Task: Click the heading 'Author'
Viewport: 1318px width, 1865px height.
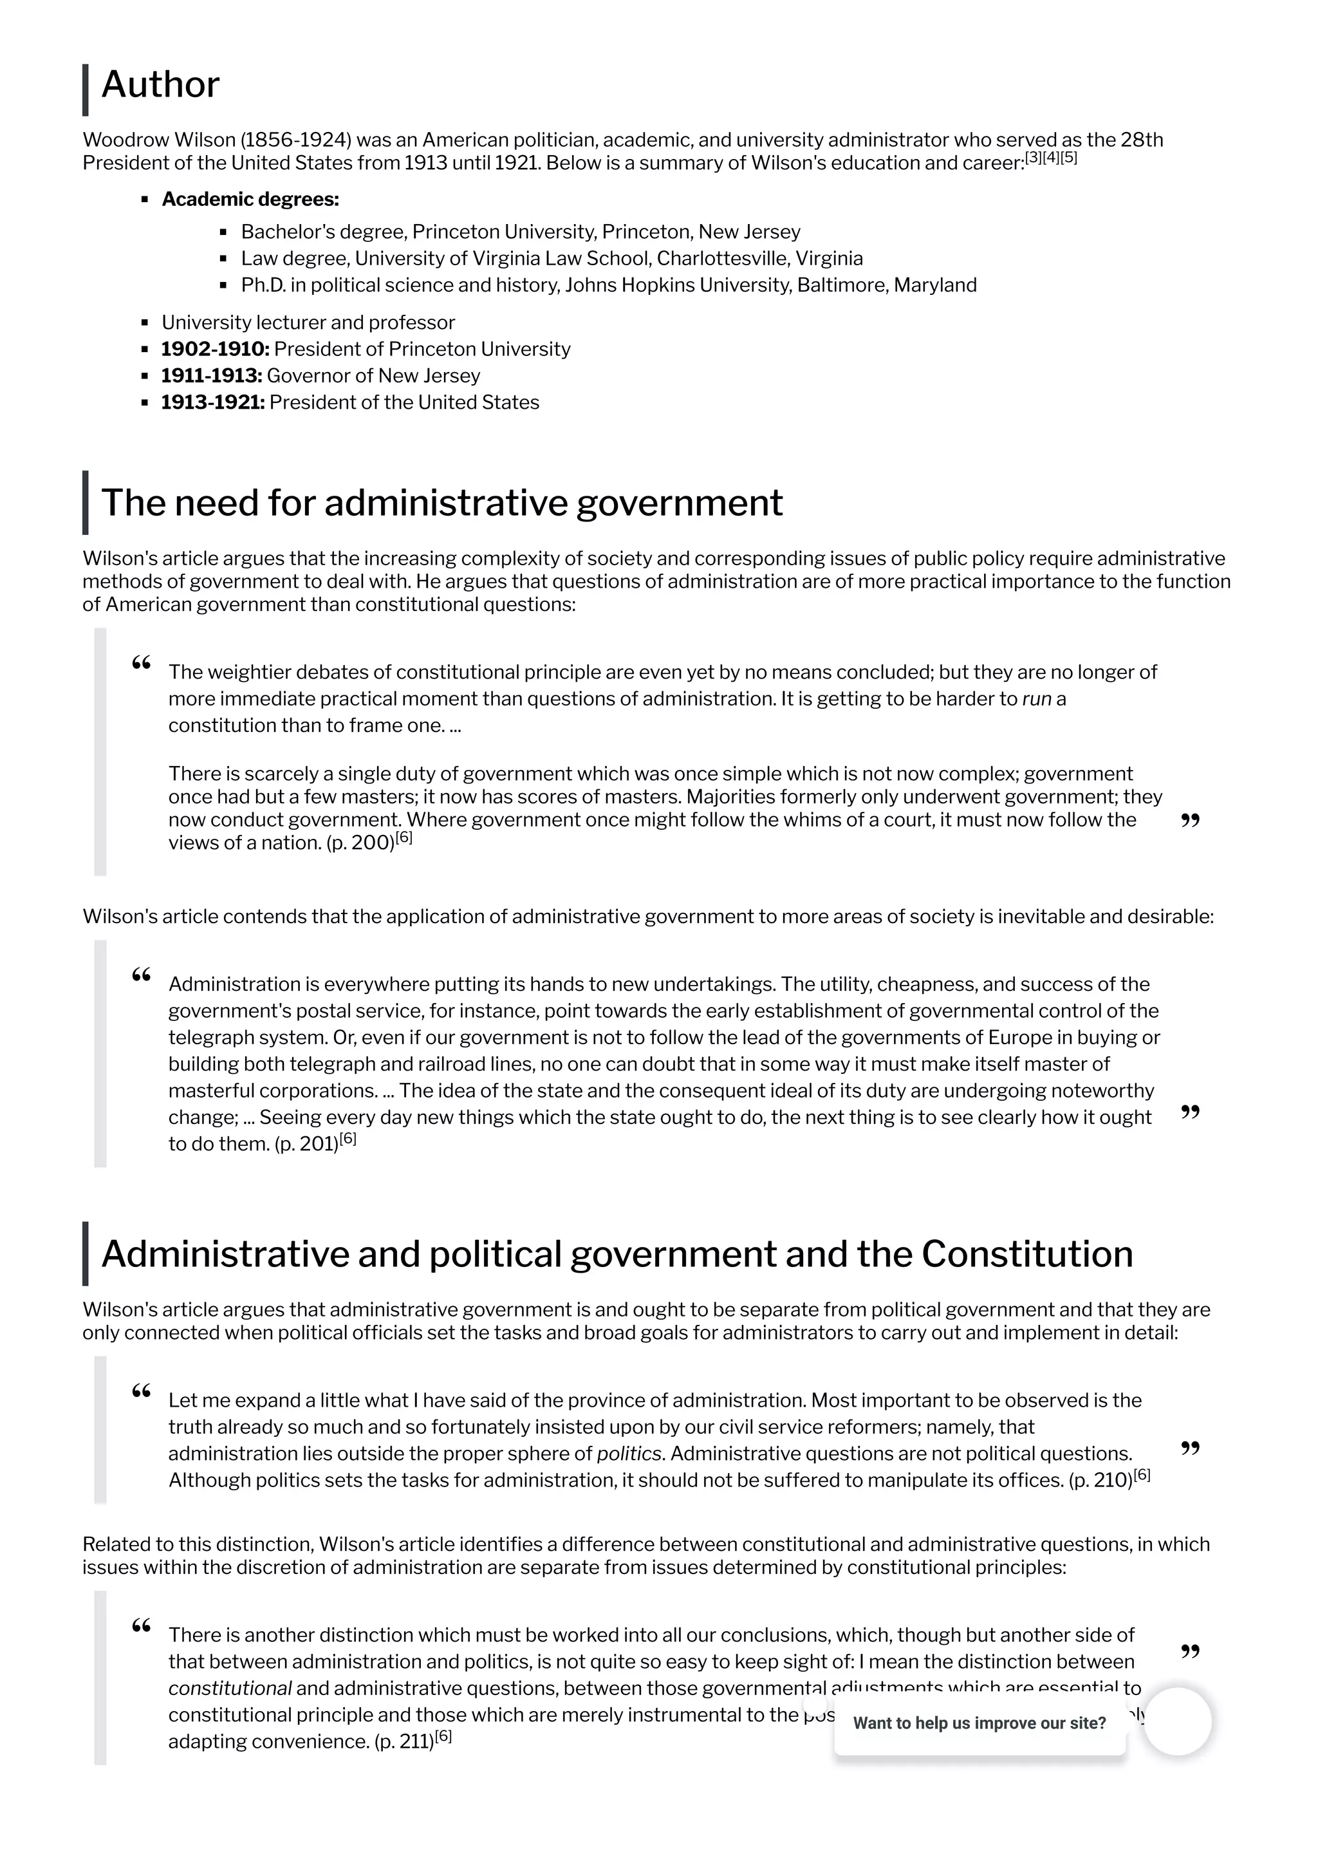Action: pyautogui.click(x=160, y=85)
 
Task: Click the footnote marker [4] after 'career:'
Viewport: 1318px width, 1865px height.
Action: pyautogui.click(x=1051, y=158)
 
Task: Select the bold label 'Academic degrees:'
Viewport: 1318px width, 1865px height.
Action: pyautogui.click(x=250, y=199)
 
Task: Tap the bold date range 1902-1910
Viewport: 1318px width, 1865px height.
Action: pyautogui.click(x=215, y=350)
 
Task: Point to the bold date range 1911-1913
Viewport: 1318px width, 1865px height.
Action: pyautogui.click(x=211, y=376)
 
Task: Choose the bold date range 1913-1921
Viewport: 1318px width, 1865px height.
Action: pyautogui.click(x=213, y=403)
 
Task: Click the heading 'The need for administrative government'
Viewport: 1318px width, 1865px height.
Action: pyautogui.click(x=441, y=503)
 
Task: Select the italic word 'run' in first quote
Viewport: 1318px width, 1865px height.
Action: pyautogui.click(x=1036, y=699)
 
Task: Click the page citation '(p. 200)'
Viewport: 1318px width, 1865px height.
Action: pyautogui.click(x=360, y=843)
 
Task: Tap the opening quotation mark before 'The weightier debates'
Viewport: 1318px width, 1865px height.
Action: pyautogui.click(x=142, y=664)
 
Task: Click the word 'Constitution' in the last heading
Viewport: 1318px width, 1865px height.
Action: pyautogui.click(x=1026, y=1254)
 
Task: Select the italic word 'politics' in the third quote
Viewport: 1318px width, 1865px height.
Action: pyautogui.click(x=629, y=1454)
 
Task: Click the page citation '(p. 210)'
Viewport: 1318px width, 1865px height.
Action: pyautogui.click(x=1100, y=1481)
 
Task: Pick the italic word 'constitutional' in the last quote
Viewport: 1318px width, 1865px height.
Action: pyautogui.click(x=230, y=1689)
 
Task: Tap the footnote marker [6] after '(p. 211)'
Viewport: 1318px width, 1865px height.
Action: pyautogui.click(x=443, y=1738)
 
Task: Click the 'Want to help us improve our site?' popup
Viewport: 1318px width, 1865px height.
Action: pyautogui.click(x=979, y=1723)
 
